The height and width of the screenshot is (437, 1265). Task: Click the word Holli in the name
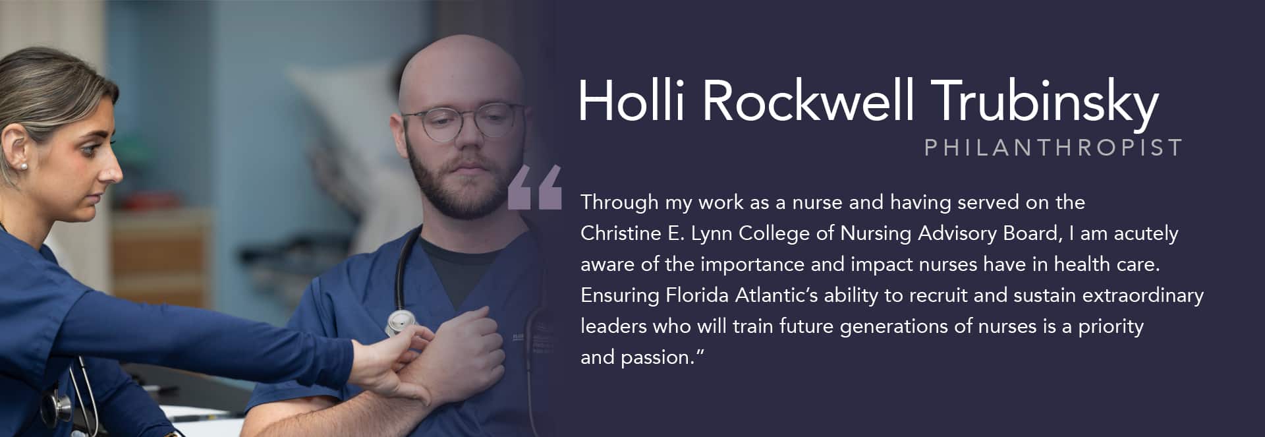631,101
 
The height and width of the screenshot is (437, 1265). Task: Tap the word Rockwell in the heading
808,101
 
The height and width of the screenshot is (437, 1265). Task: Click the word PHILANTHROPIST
1053,148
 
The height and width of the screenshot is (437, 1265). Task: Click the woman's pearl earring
24,166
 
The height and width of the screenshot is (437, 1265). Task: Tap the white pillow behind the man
343,112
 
